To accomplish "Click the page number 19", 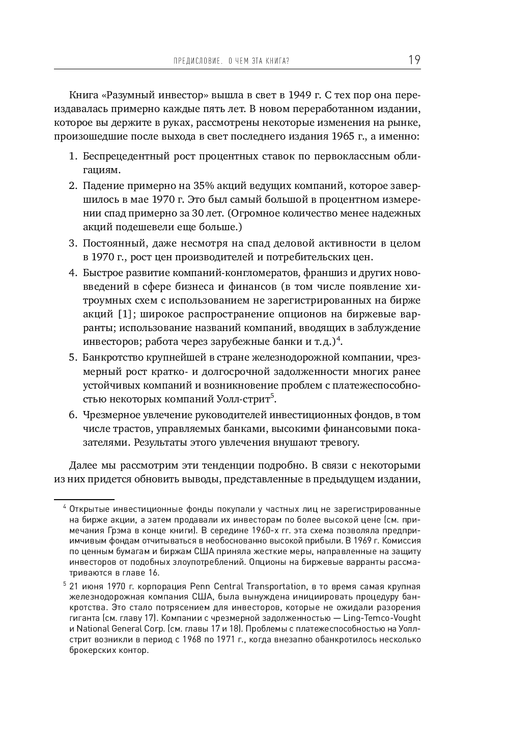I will (414, 60).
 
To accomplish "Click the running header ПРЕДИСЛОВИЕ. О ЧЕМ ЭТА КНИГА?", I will (231, 62).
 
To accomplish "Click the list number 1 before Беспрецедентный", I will (72, 156).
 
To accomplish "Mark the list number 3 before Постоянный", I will (72, 243).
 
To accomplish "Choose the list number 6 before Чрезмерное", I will (72, 415).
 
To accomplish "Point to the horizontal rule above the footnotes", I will (84, 500).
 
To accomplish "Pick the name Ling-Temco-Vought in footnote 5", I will (382, 618).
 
